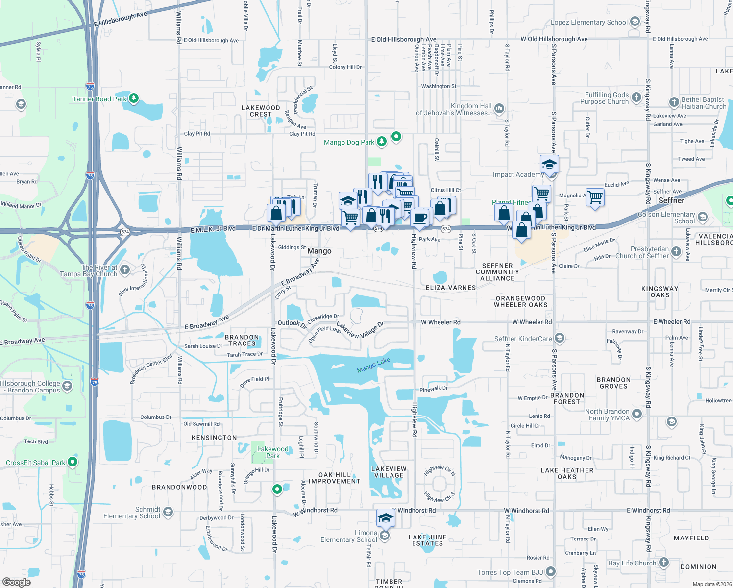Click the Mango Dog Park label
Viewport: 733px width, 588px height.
349,142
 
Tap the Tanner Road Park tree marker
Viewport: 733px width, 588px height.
134,98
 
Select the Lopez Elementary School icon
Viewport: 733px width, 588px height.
635,22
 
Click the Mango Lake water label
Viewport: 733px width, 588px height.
373,365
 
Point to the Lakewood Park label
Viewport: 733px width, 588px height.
272,452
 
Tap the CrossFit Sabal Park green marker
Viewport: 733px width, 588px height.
73,462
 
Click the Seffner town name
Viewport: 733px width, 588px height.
671,200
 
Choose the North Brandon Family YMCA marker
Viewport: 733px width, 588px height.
637,415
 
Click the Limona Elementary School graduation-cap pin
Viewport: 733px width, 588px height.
386,518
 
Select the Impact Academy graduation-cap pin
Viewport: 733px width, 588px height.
549,164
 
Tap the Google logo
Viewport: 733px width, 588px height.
17,582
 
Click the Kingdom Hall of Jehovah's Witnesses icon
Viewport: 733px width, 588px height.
499,108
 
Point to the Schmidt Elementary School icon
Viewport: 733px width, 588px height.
168,513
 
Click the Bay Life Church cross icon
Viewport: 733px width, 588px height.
664,563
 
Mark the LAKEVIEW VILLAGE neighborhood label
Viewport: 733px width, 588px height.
389,472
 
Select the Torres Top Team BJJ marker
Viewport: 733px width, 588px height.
551,572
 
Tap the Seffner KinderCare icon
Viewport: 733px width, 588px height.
560,338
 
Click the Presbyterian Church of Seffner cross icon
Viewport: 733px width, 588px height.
676,252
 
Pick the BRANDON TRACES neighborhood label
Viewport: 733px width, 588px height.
242,340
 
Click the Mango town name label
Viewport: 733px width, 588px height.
319,251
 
